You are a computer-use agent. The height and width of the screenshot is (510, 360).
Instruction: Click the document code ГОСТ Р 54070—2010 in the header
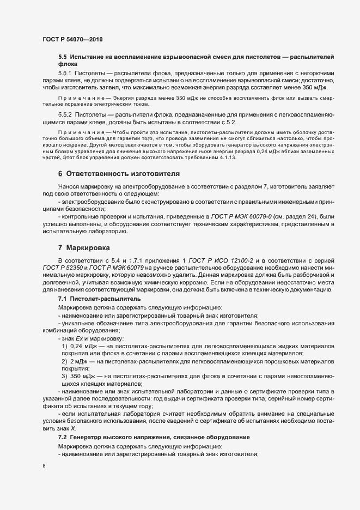[x=72, y=40]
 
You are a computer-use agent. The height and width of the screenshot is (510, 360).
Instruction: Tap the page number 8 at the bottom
[x=44, y=466]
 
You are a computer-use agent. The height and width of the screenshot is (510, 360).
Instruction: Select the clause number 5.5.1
[x=65, y=73]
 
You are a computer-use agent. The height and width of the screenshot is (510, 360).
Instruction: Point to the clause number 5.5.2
[x=65, y=114]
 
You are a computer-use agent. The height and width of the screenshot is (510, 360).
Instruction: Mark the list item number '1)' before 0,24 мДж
[x=65, y=347]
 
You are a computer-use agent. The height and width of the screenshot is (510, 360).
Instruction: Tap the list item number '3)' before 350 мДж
[x=65, y=377]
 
